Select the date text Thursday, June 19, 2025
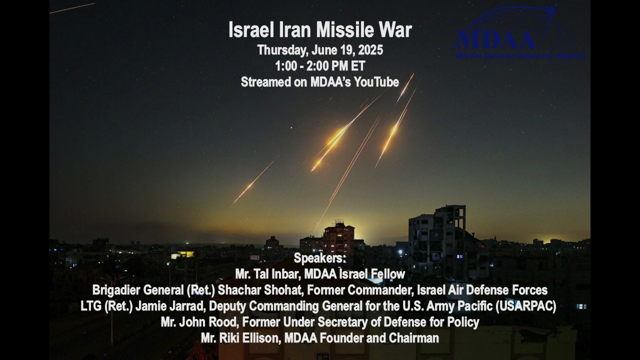click(x=320, y=50)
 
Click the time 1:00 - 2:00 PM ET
click(x=320, y=66)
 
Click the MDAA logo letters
click(x=495, y=39)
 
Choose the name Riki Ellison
click(x=255, y=338)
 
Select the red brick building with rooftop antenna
click(x=338, y=237)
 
